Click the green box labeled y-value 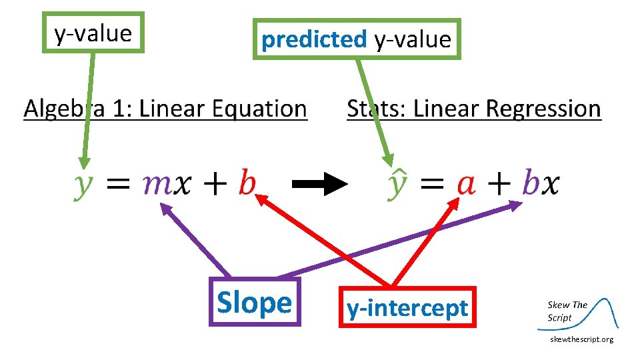(x=93, y=32)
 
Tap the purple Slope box (x=255, y=302)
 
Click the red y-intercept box (x=407, y=307)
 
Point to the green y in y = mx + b (x=83, y=184)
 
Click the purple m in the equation (x=158, y=184)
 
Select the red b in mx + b (x=247, y=181)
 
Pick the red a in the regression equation (x=466, y=184)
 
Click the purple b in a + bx (x=531, y=181)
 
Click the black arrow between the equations (x=320, y=184)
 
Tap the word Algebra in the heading (x=64, y=109)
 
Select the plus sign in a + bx (x=499, y=184)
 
